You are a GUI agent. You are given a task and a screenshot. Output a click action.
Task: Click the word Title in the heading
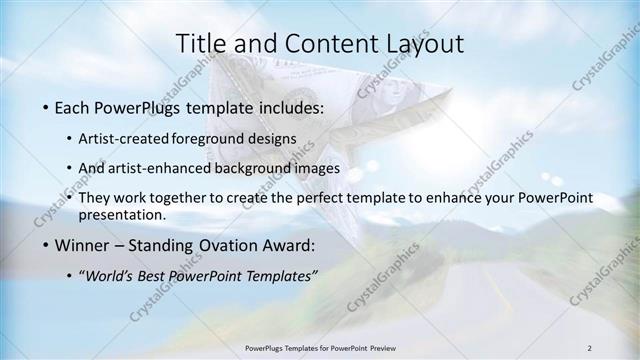click(x=196, y=43)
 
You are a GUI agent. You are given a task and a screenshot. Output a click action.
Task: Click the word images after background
click(x=318, y=169)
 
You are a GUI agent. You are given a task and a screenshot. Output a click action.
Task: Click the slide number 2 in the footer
click(x=589, y=347)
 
